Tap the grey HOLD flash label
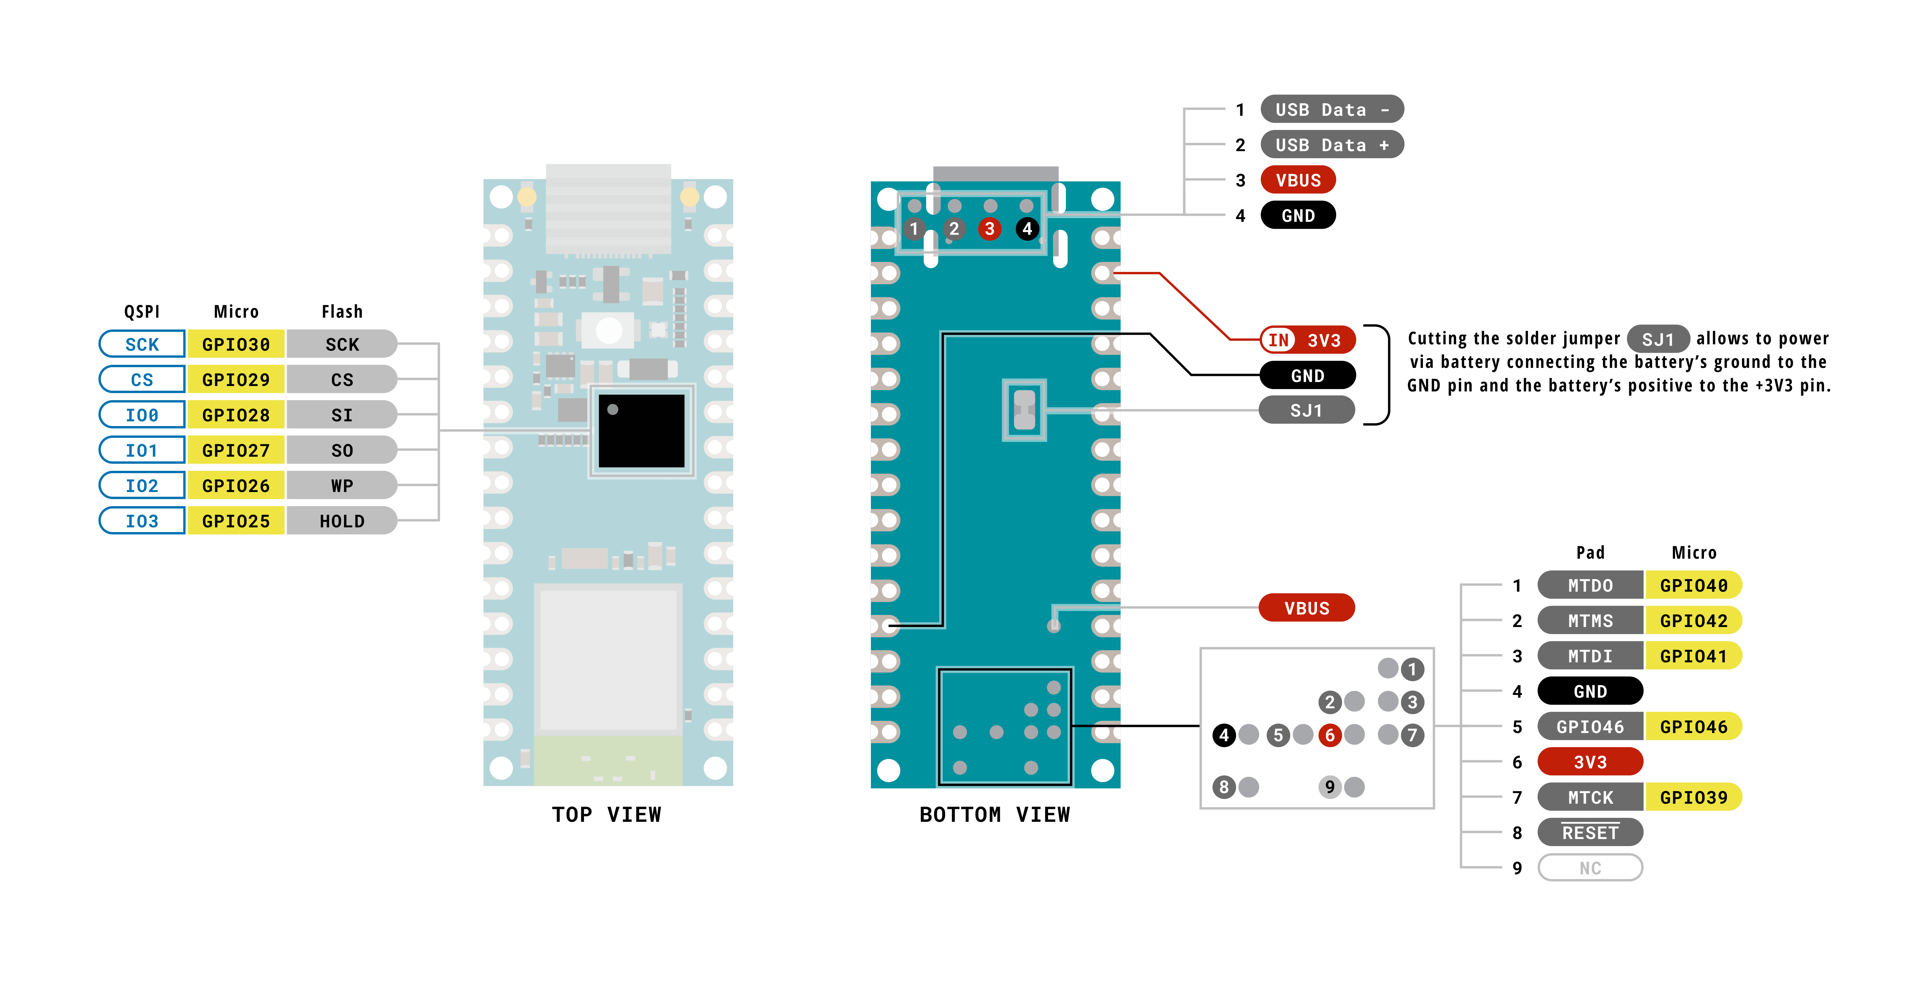pos(342,521)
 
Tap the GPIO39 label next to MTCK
pos(1693,797)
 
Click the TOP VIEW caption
pos(606,814)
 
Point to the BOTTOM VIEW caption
pos(995,814)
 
